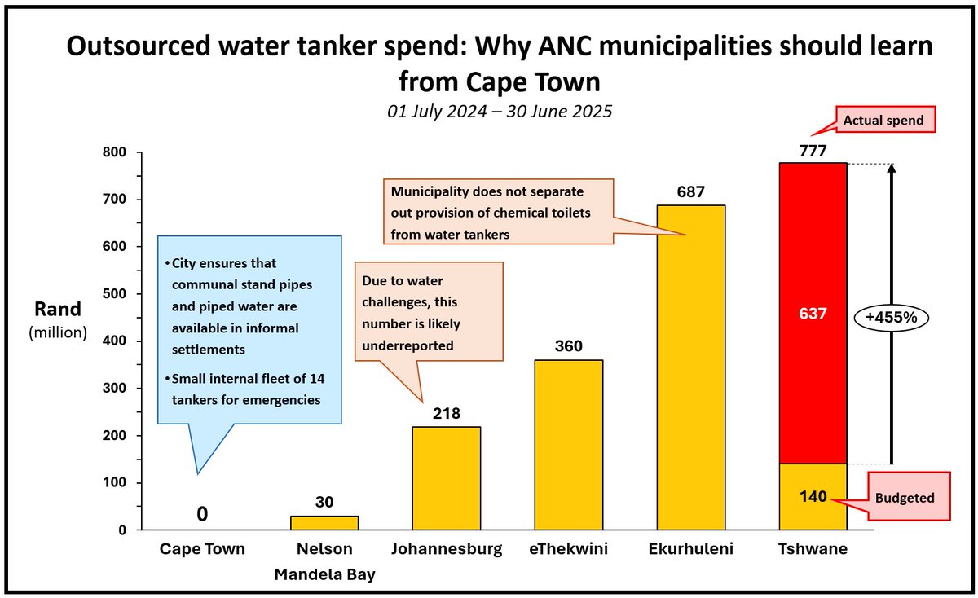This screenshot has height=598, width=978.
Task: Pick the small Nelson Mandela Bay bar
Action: pyautogui.click(x=324, y=522)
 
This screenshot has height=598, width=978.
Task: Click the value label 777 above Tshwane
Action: pyautogui.click(x=813, y=151)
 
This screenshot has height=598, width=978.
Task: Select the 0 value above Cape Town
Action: pyautogui.click(x=202, y=514)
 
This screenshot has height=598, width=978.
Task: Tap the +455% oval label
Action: pyautogui.click(x=891, y=319)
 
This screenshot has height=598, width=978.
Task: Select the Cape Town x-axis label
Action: pyautogui.click(x=202, y=550)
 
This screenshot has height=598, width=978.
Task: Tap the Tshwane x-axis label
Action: pyautogui.click(x=813, y=550)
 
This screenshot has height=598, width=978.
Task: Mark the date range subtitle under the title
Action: pyautogui.click(x=500, y=112)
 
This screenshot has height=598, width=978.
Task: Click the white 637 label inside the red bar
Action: pyautogui.click(x=813, y=313)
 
